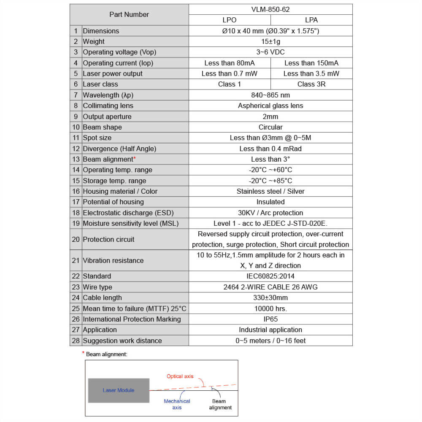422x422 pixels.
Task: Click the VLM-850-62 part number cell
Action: coord(271,9)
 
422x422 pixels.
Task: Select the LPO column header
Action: coord(229,20)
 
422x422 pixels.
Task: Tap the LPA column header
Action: coord(311,20)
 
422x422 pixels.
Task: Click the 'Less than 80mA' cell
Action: coord(229,63)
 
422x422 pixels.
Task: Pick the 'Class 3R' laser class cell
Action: coord(311,84)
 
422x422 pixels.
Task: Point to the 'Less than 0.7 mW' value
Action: coord(229,73)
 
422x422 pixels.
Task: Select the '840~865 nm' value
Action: coord(271,95)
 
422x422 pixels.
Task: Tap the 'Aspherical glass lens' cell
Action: coord(271,105)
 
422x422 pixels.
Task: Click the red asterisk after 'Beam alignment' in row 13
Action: coord(135,158)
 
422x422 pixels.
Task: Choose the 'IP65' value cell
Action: coord(271,319)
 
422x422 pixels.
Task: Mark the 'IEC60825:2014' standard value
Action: coord(271,276)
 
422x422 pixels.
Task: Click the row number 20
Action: coord(76,239)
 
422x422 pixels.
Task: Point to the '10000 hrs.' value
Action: coord(271,308)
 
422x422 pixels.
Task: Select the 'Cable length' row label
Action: coord(102,298)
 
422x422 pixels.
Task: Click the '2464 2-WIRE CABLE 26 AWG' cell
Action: coord(271,287)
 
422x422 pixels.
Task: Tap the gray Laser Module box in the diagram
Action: coord(119,390)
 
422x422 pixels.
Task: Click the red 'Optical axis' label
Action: coord(180,376)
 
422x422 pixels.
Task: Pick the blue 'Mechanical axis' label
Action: coord(177,404)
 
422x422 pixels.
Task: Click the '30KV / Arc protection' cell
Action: coord(271,213)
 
